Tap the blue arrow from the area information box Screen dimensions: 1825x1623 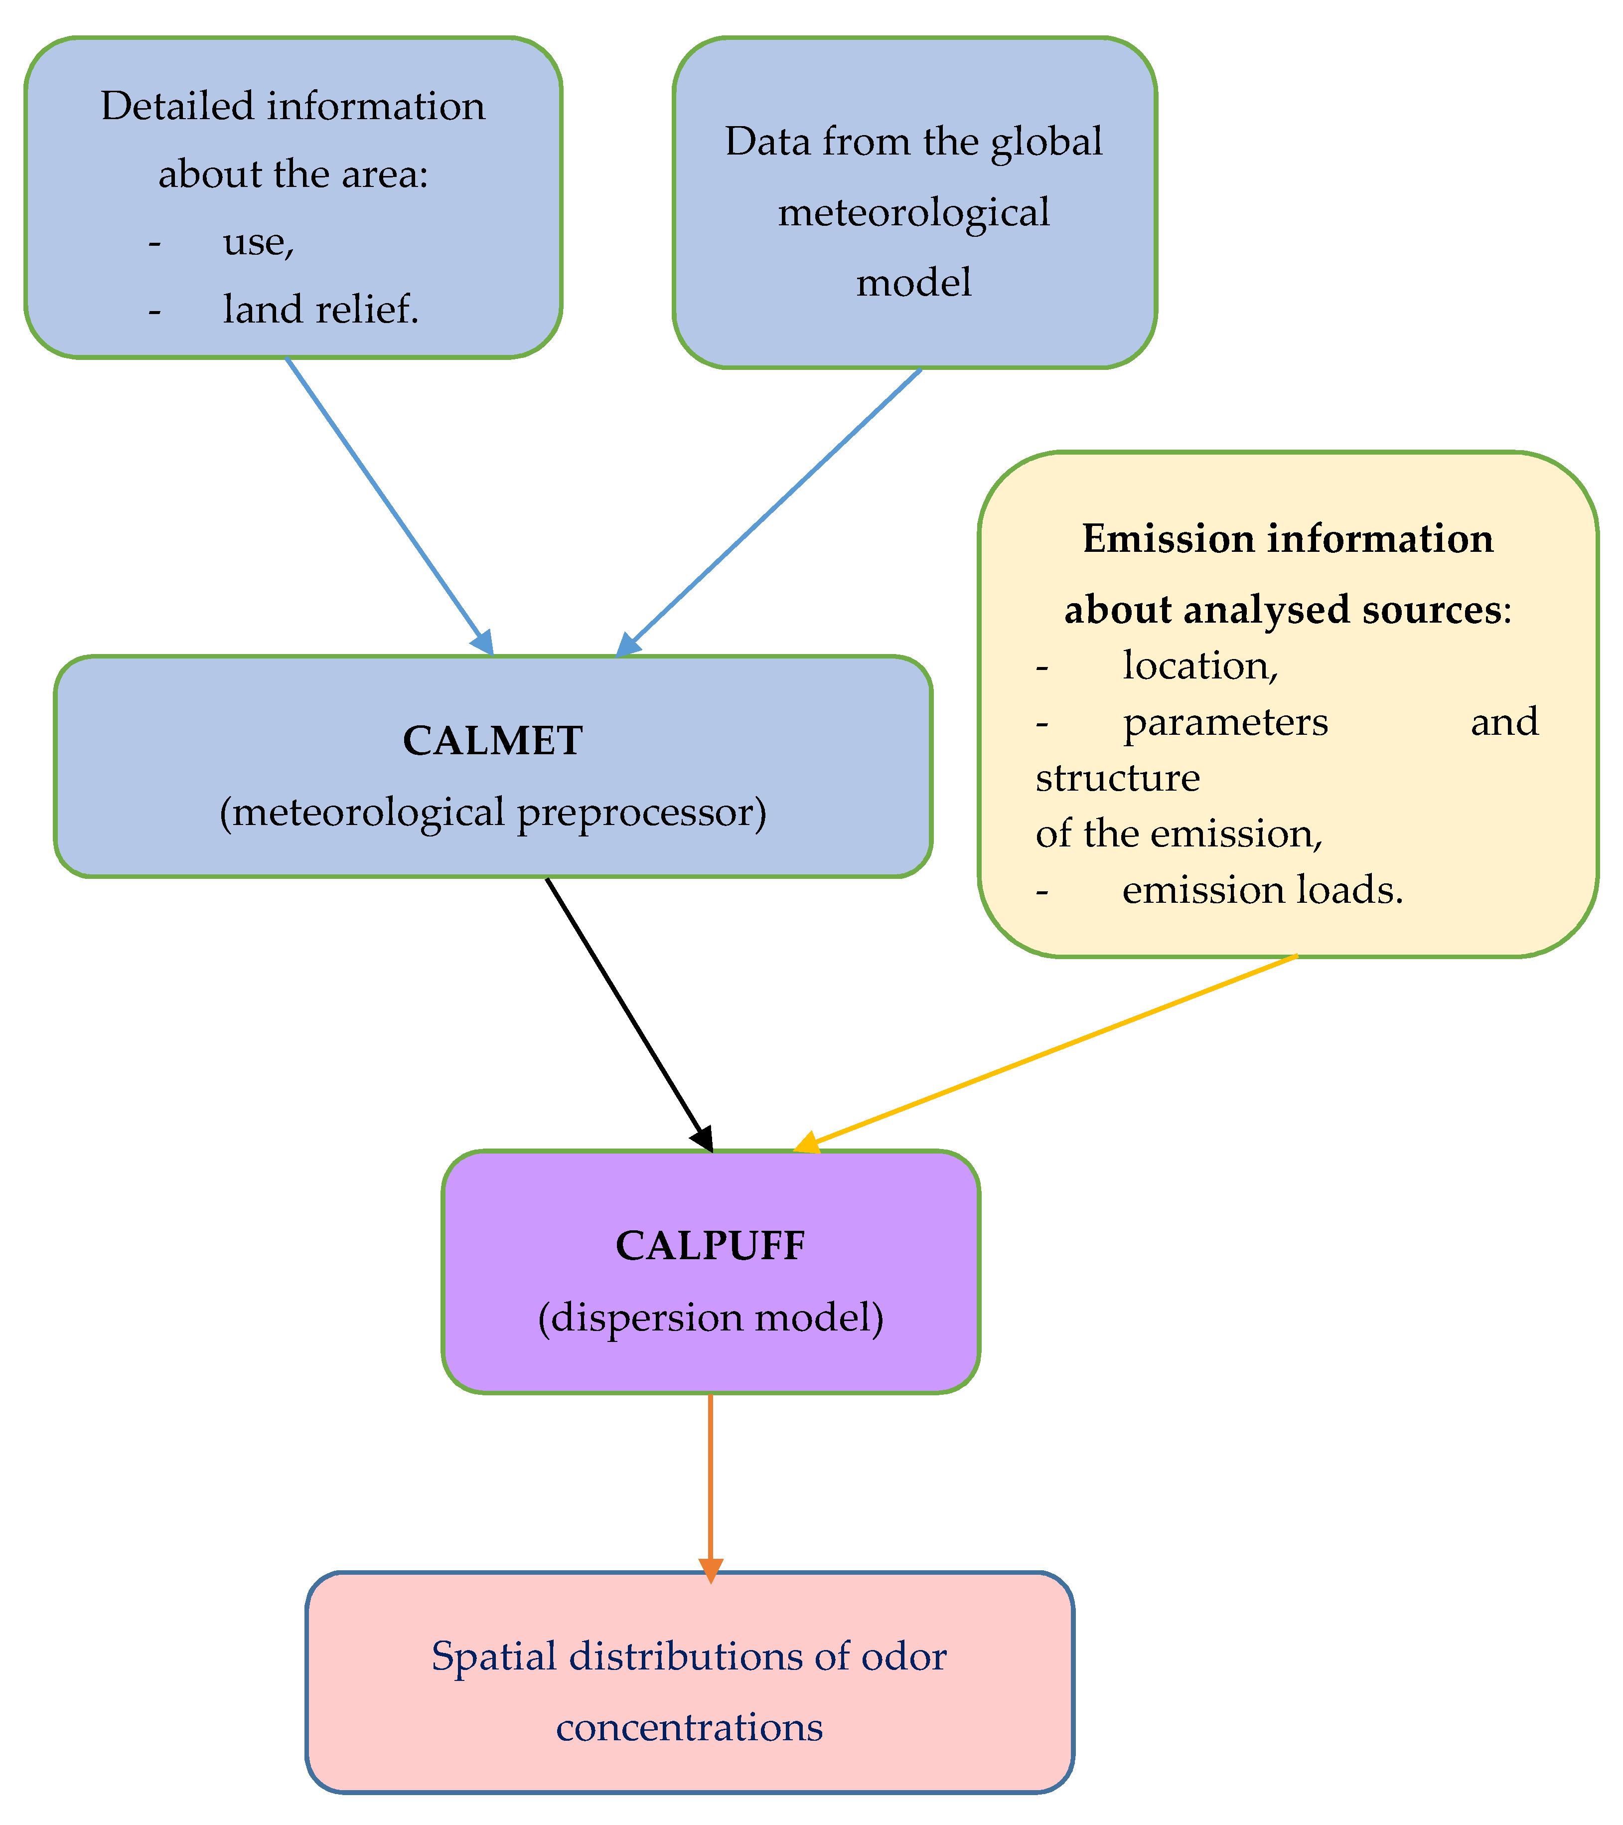coord(388,504)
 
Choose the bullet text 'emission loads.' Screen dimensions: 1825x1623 coord(1262,890)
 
